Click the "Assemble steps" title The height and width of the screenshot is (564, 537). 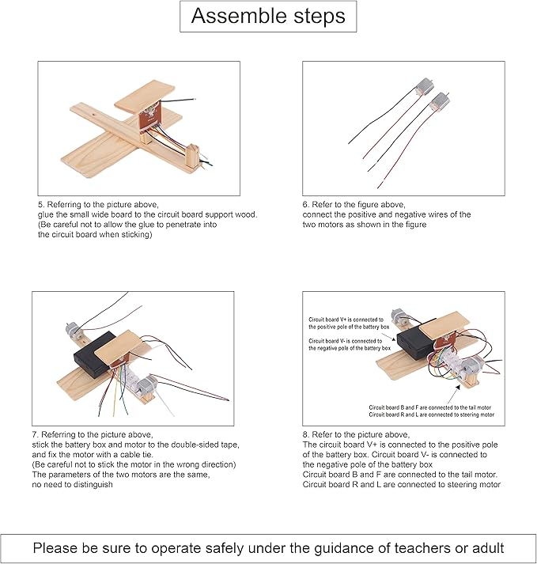click(x=268, y=16)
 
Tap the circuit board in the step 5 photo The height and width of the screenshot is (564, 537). click(x=149, y=119)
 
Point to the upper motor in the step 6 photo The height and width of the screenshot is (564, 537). click(x=425, y=87)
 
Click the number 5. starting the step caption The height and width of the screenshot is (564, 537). click(x=41, y=205)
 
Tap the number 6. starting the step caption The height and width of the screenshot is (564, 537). click(x=306, y=205)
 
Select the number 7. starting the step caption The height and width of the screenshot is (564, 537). click(x=36, y=435)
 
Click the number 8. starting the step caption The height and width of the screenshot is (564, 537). click(x=306, y=435)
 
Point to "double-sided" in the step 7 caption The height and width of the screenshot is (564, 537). click(x=189, y=445)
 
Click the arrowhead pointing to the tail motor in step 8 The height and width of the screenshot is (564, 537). click(x=458, y=387)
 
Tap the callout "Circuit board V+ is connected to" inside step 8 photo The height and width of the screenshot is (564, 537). click(x=346, y=320)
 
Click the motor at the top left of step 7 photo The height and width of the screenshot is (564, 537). click(x=73, y=329)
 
